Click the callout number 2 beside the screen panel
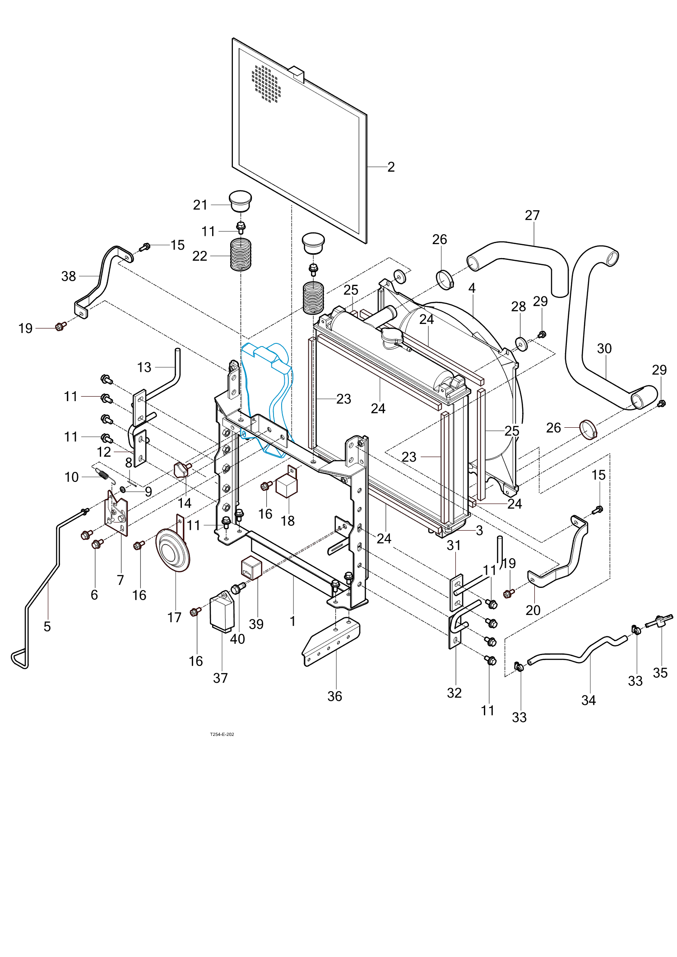(x=391, y=167)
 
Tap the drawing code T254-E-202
(x=222, y=734)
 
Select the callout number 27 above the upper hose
(x=532, y=215)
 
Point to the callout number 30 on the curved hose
(x=604, y=348)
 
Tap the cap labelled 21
(x=240, y=201)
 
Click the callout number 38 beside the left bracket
(x=69, y=276)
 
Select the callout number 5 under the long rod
(x=47, y=626)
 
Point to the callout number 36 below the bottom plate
(x=334, y=696)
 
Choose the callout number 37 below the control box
(x=220, y=678)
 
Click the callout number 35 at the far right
(x=660, y=673)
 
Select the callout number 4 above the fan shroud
(x=472, y=288)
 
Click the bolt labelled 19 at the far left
(x=60, y=326)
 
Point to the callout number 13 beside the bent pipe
(x=144, y=367)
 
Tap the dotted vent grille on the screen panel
(x=266, y=83)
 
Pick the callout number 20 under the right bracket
(x=533, y=610)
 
